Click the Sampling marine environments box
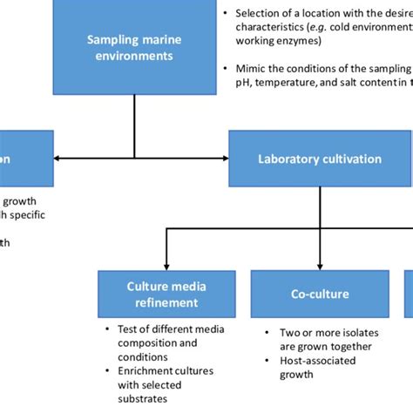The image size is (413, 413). click(134, 47)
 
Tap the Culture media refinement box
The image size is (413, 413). click(166, 295)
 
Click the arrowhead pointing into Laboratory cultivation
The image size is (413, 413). click(224, 159)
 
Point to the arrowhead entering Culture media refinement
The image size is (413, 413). click(166, 265)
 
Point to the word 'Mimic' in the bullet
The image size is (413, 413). click(252, 68)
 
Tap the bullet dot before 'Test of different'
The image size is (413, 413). click(108, 329)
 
